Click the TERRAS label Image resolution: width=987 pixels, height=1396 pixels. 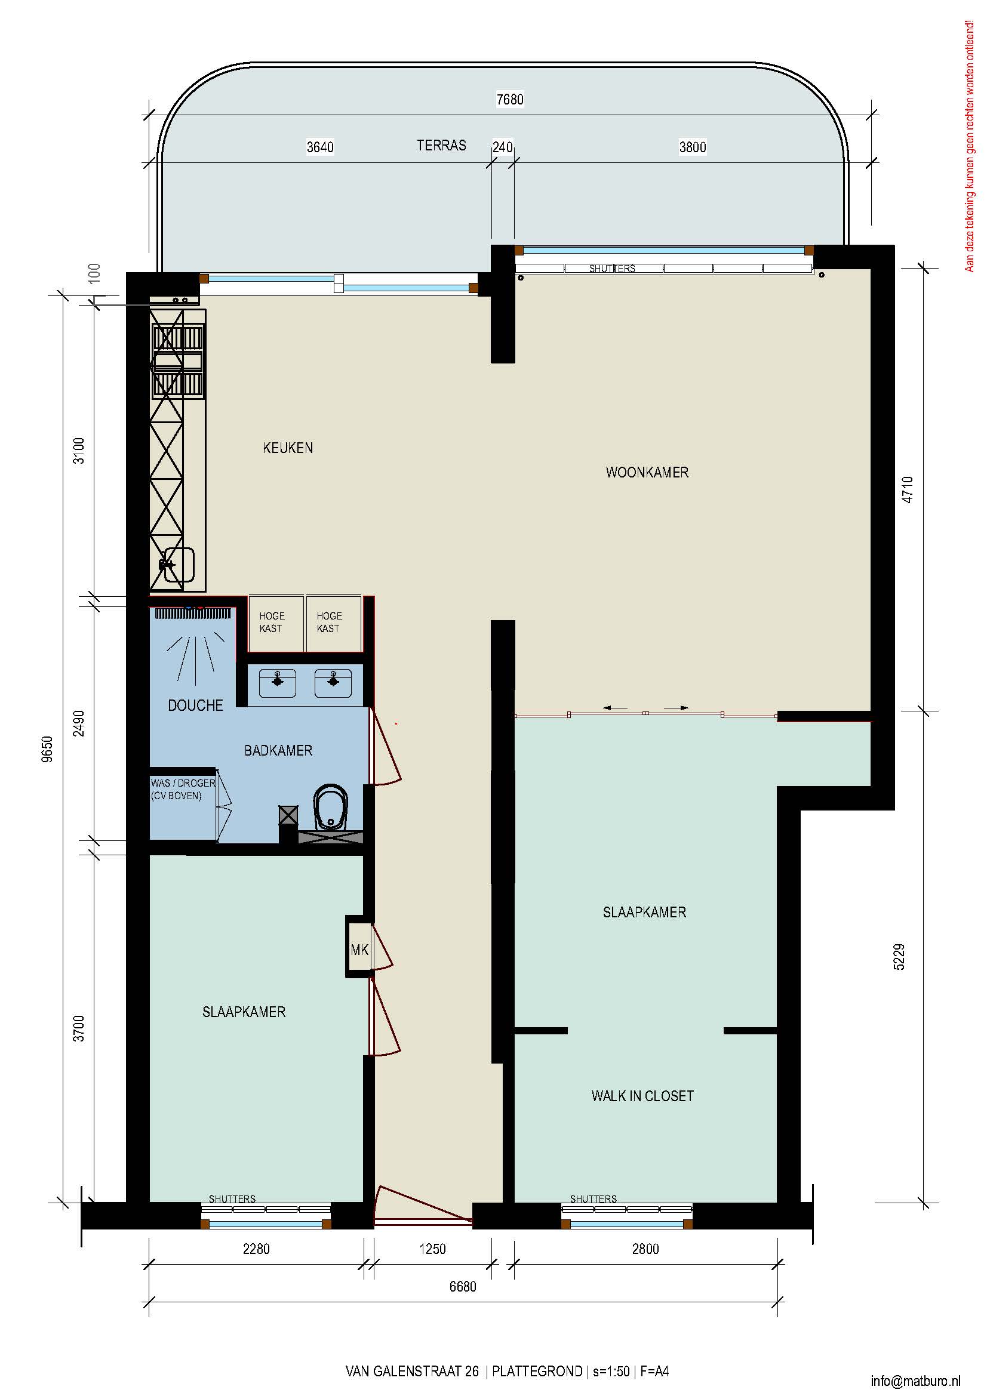(441, 145)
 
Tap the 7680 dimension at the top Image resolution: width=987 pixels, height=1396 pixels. (509, 99)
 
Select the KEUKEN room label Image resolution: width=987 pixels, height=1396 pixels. (288, 448)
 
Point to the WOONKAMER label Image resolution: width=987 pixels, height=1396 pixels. (647, 473)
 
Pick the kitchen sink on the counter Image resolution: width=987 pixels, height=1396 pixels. (177, 565)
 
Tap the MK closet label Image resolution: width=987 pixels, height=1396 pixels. (359, 950)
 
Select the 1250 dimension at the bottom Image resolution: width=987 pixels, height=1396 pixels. (432, 1249)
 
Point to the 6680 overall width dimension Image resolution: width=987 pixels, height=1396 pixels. (463, 1287)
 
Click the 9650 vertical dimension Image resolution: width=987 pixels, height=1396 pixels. (47, 749)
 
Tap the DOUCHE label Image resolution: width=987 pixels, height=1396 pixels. (195, 705)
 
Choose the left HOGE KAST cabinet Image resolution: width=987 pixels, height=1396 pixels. (275, 623)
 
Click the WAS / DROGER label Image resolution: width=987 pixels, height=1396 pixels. (183, 783)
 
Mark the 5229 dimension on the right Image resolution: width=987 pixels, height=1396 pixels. (899, 956)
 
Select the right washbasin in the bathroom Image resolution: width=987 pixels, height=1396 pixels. (333, 683)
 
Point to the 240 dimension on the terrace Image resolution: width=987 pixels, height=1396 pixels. (502, 147)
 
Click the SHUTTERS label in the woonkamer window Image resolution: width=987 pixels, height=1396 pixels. (612, 268)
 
